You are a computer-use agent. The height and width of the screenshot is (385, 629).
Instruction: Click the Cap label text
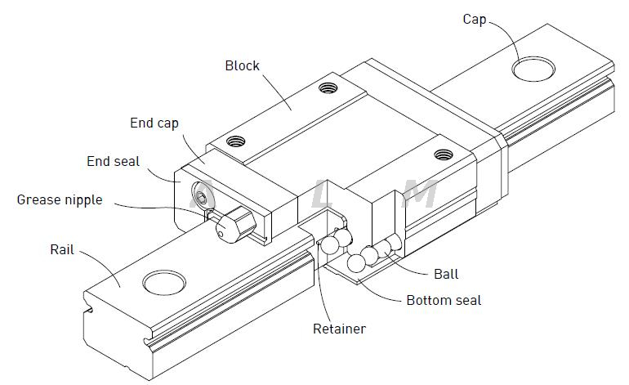(474, 19)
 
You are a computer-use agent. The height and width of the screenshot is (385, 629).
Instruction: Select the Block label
(242, 65)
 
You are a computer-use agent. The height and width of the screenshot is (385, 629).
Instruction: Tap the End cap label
(154, 123)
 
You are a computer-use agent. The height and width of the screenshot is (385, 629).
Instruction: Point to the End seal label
(113, 162)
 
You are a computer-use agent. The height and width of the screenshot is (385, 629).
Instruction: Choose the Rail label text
(61, 249)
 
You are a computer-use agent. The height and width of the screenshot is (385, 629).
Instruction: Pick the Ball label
(445, 273)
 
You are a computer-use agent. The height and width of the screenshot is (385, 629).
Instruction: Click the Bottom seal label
(444, 300)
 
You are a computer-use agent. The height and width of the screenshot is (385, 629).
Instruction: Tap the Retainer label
(339, 329)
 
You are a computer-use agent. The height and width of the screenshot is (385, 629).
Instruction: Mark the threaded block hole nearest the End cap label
(235, 141)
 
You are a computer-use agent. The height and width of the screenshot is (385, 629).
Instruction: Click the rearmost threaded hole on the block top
(328, 86)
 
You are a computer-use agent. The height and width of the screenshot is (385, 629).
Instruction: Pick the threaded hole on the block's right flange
(444, 154)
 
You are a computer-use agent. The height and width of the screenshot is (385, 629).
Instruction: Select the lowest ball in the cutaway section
(356, 263)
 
